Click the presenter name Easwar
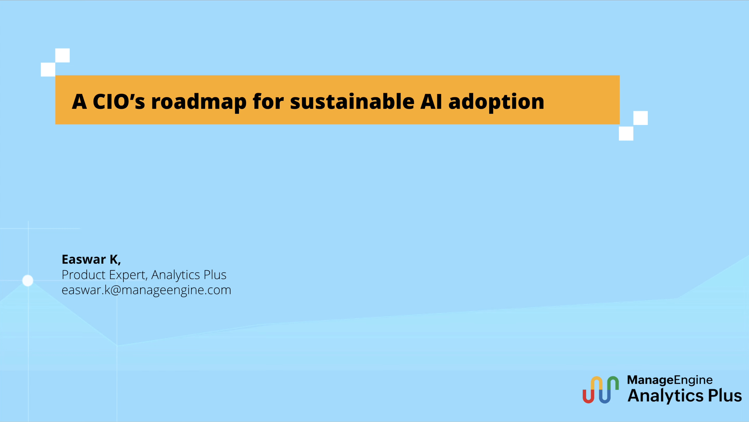click(84, 260)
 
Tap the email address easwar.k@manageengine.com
click(146, 290)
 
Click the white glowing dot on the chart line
click(28, 280)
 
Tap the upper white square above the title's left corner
click(62, 55)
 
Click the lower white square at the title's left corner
click(48, 69)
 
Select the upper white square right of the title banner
click(640, 118)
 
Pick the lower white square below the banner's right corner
click(626, 134)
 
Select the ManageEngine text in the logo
click(670, 380)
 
